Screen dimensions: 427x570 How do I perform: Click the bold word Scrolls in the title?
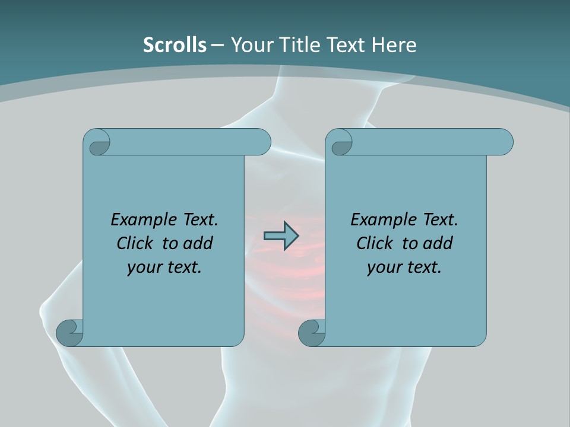pyautogui.click(x=175, y=44)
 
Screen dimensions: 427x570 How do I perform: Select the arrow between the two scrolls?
pyautogui.click(x=281, y=236)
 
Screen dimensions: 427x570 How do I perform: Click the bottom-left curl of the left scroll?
pyautogui.click(x=69, y=332)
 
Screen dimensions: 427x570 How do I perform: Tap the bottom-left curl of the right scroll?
pyautogui.click(x=311, y=332)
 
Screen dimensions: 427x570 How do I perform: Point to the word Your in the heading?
pyautogui.click(x=250, y=44)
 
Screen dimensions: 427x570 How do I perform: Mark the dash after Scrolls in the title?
pyautogui.click(x=217, y=45)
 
